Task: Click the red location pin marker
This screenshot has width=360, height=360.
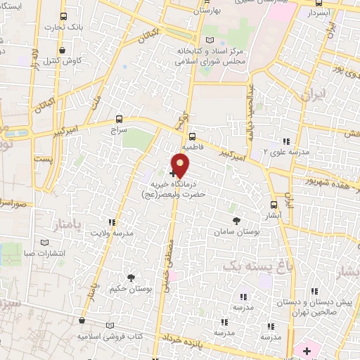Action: tap(181, 166)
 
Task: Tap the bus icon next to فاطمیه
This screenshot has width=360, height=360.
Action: tap(192, 138)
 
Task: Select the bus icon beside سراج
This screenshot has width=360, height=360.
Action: tap(117, 120)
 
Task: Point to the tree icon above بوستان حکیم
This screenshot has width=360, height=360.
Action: tap(130, 278)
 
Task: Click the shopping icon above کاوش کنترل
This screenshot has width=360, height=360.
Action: tap(65, 51)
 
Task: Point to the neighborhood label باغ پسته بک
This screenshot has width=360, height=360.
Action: tap(250, 266)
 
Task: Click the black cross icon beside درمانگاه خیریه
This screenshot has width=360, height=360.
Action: tap(173, 173)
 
